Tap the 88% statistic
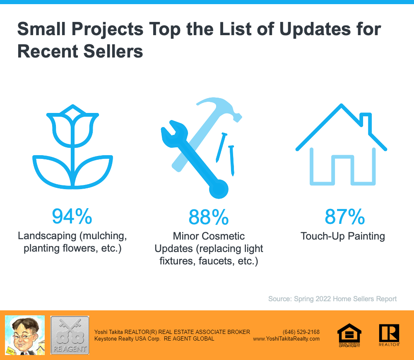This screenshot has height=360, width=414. (208, 216)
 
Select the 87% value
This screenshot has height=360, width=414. (344, 216)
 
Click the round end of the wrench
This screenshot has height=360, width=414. (218, 190)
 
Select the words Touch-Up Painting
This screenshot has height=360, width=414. (343, 236)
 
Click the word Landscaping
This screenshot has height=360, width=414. (47, 236)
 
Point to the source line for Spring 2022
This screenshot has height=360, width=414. (332, 299)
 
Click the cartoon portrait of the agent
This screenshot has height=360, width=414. (24, 335)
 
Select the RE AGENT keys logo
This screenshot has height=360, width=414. (70, 335)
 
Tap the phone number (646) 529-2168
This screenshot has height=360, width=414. (301, 332)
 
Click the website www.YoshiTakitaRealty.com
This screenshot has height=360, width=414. (286, 338)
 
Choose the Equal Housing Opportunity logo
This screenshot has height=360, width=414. (349, 335)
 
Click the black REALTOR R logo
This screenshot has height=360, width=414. (389, 334)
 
